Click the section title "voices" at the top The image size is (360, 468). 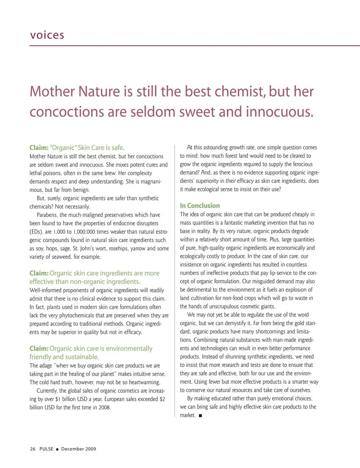(47, 35)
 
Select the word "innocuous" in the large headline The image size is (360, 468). (279, 112)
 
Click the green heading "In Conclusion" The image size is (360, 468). (200, 206)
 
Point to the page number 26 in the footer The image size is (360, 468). (33, 449)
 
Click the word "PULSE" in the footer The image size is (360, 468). (46, 449)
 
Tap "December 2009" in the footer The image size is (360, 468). (78, 449)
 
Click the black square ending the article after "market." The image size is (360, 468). (201, 415)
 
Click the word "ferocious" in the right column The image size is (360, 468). (301, 164)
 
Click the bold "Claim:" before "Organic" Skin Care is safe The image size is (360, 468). (39, 148)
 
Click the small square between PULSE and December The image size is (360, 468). (57, 449)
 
